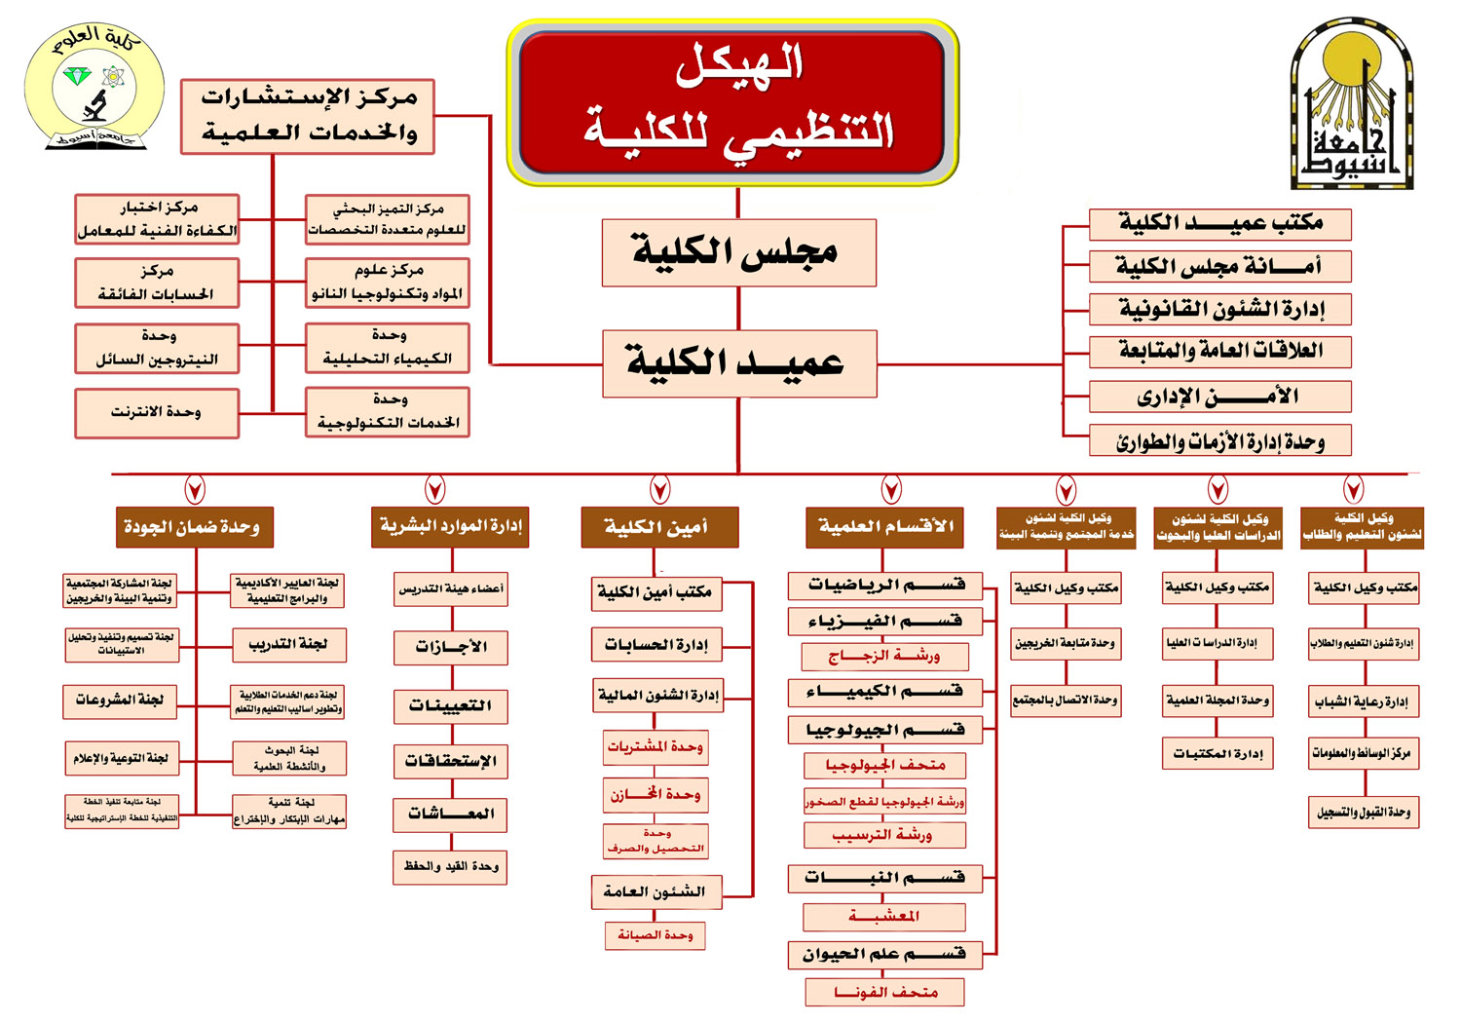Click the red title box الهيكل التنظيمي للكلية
pos(732,103)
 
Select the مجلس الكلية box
pos(738,252)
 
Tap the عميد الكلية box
pos(738,363)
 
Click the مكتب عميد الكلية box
pos(1219,223)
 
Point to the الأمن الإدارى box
pos(1219,397)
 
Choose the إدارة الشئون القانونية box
pos(1219,309)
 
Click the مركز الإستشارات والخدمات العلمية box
pos(308,117)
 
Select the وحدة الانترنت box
pos(157,413)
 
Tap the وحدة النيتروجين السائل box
pos(157,349)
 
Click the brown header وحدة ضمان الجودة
pos(194,527)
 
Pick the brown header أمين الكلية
pos(658,527)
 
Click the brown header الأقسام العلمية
pos(884,527)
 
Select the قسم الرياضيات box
pos(884,585)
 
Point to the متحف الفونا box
pos(884,993)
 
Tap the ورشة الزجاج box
pos(884,657)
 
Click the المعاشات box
pos(450,814)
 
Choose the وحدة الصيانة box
pos(655,935)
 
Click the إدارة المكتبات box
pos(1217,753)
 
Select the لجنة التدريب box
pos(289,645)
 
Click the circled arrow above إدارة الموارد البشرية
pos(435,489)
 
